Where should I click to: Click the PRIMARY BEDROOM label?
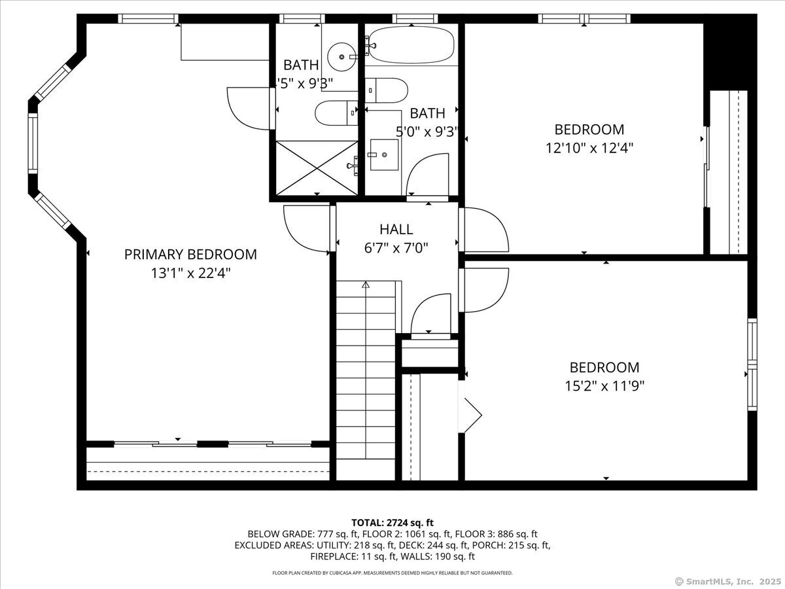(190, 255)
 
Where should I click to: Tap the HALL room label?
(396, 229)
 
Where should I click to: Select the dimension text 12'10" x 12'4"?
(589, 148)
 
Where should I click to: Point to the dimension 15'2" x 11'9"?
(604, 386)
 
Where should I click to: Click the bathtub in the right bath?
(411, 45)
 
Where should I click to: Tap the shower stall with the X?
(317, 168)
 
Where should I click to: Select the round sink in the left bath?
(341, 57)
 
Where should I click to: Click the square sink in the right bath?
(384, 155)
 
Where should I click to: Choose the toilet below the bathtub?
(386, 90)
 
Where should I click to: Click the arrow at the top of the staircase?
(366, 285)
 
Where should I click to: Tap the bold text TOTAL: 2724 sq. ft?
(392, 522)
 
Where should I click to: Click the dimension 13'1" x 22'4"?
(190, 273)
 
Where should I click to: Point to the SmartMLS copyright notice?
(728, 582)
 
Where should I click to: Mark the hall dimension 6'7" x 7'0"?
(396, 248)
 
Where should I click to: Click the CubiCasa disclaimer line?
(392, 573)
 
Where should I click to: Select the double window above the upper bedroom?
(584, 18)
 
